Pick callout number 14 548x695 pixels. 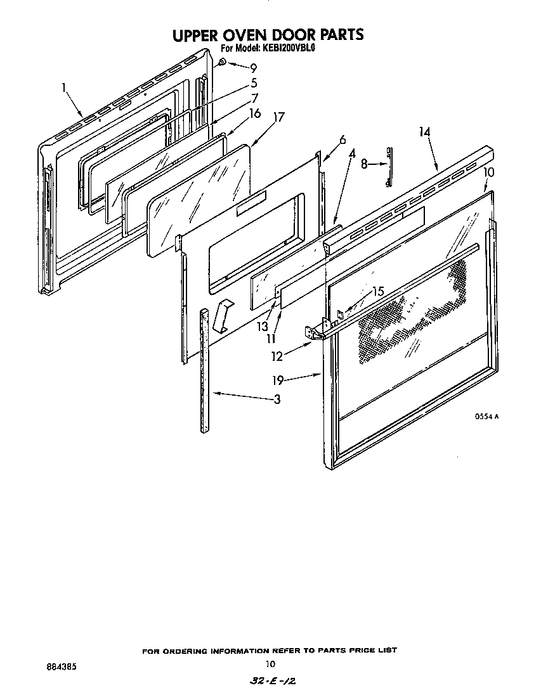[x=424, y=132]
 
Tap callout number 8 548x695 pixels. [x=363, y=164]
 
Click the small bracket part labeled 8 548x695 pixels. [x=388, y=167]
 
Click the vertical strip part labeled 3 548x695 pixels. [x=204, y=371]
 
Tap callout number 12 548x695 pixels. [x=277, y=356]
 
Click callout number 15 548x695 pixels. [x=378, y=292]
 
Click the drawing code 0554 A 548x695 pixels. [x=487, y=417]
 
